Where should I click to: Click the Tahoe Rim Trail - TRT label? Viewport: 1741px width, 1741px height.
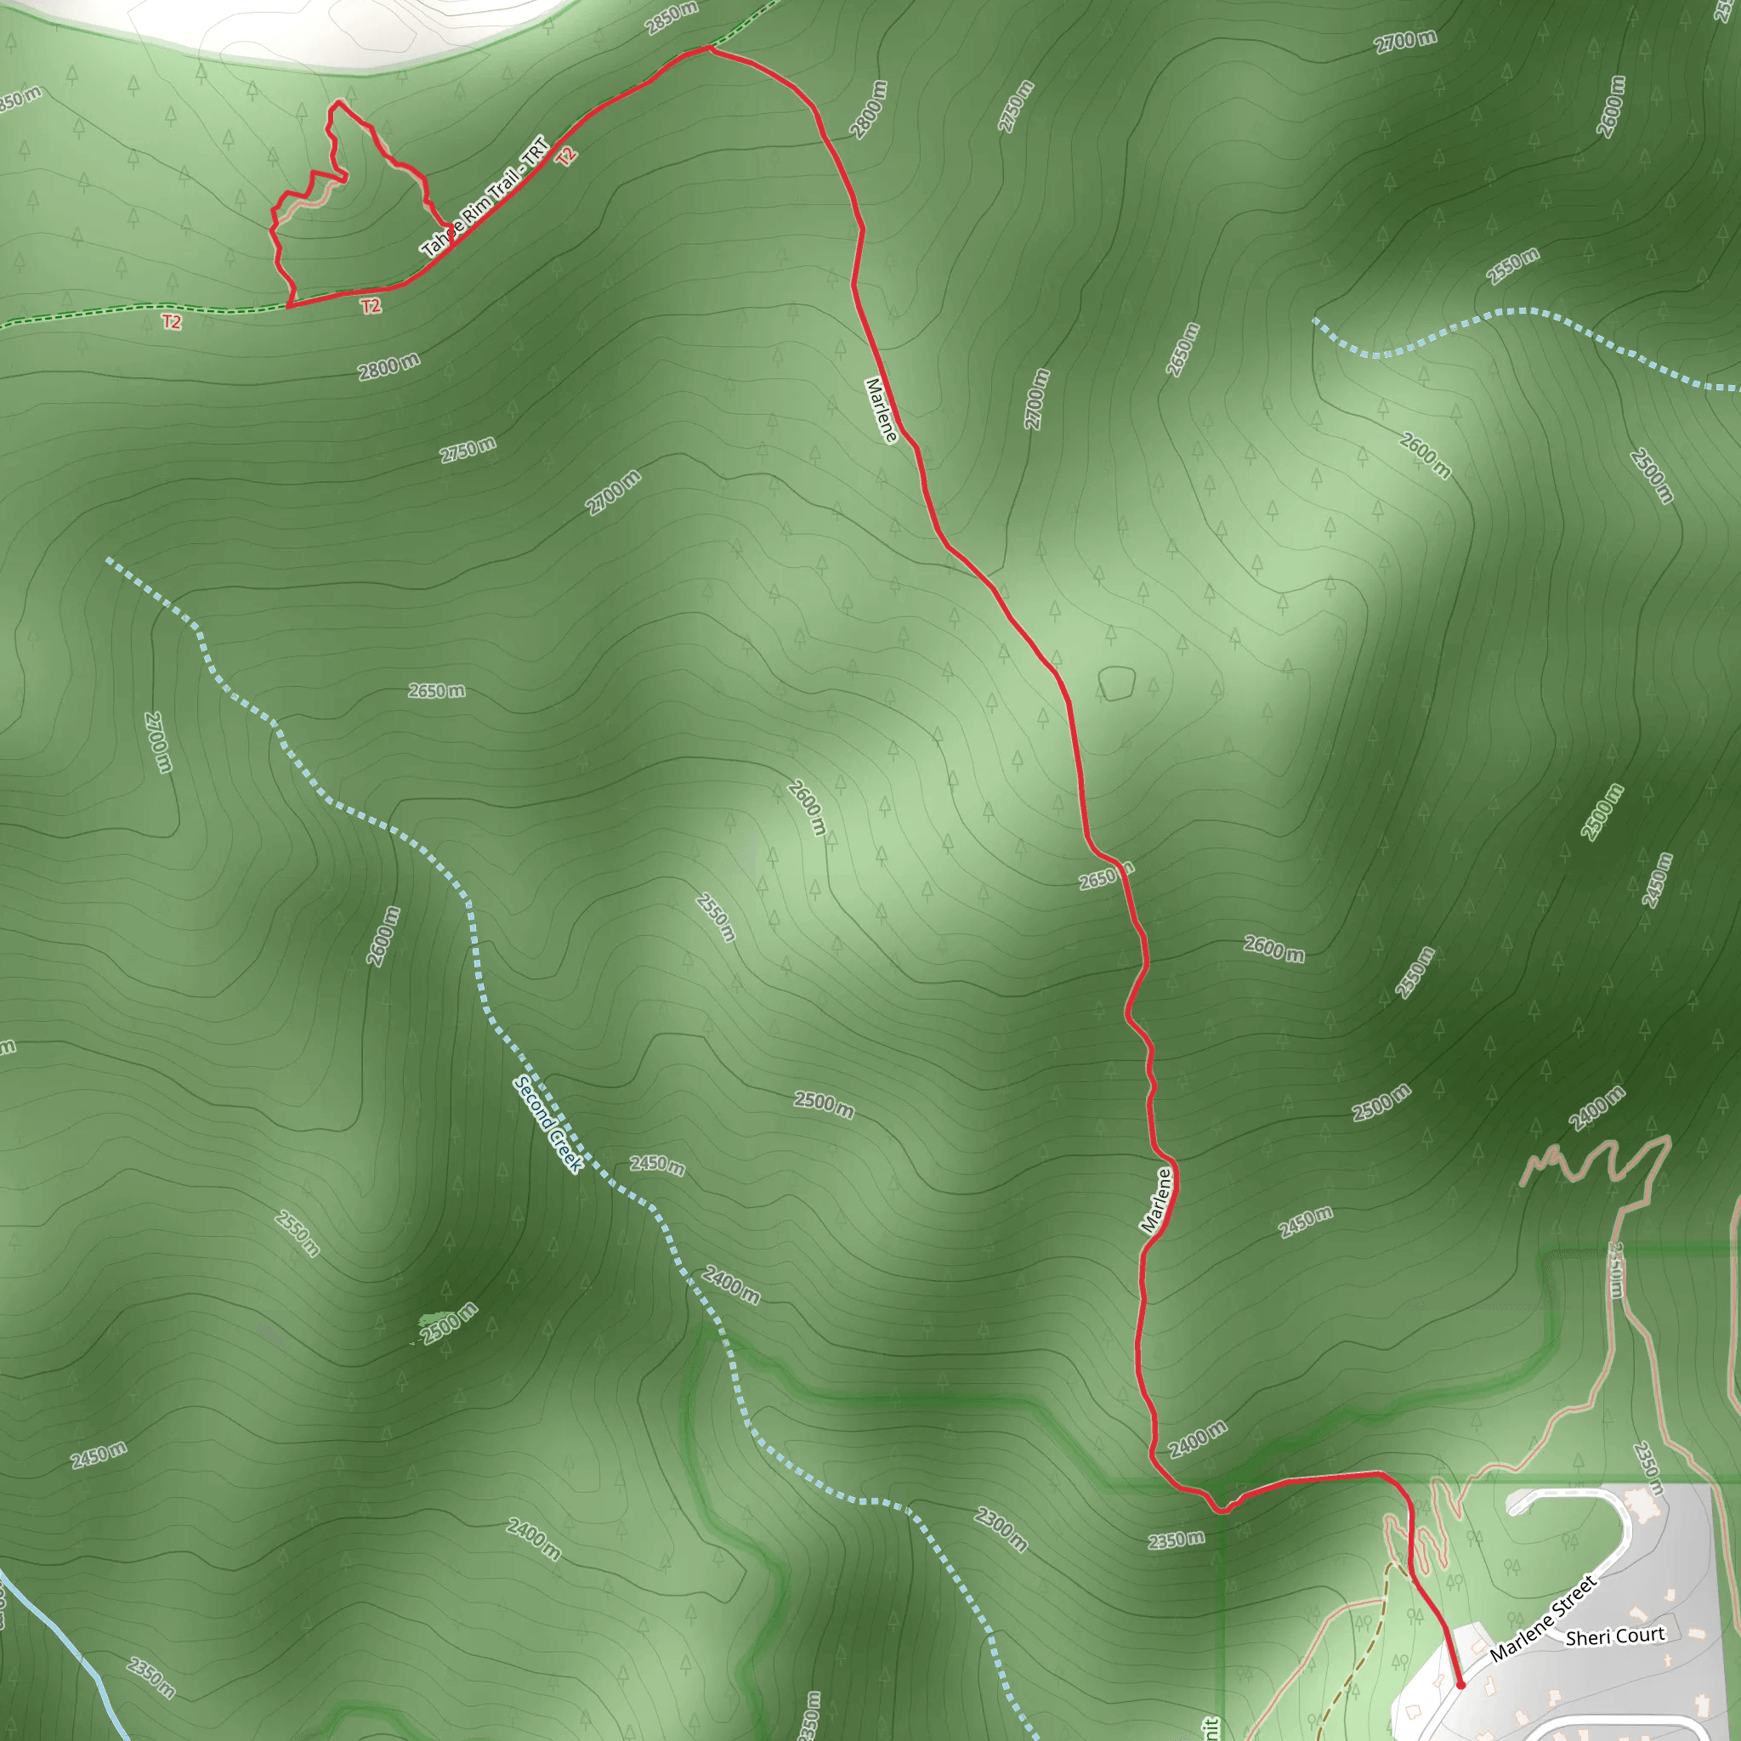point(485,196)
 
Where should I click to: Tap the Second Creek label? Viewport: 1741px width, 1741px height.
point(548,1124)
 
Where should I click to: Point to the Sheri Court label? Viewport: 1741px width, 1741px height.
point(1615,1636)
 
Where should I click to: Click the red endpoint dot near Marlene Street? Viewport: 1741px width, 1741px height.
point(1460,1683)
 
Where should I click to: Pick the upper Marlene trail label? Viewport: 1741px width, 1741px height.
point(882,410)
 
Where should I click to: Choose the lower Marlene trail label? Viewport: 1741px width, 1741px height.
point(1156,1199)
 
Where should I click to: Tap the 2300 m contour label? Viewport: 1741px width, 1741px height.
point(1001,1529)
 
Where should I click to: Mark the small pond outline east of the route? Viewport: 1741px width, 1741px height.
point(1116,683)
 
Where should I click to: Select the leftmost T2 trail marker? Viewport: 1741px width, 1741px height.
point(171,321)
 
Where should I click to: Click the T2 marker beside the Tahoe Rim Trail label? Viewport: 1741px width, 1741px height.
point(566,156)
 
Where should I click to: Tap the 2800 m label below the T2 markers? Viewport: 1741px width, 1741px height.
point(388,366)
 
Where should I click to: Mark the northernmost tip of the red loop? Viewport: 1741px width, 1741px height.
point(339,102)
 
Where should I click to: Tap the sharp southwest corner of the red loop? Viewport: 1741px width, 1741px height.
point(288,306)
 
